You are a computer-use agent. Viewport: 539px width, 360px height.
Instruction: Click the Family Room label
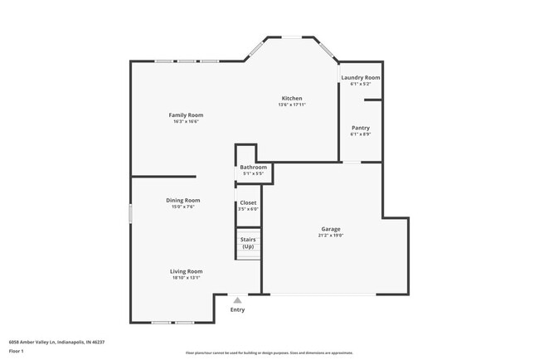[x=186, y=114]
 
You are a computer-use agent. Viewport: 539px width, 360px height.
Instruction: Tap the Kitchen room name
[x=291, y=98]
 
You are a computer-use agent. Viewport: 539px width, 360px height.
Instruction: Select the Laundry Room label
[x=360, y=77]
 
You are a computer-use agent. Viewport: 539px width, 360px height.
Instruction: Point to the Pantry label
[x=360, y=128]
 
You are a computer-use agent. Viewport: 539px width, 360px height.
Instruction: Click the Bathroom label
[x=253, y=167]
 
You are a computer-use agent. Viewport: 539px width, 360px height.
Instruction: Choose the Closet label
[x=248, y=202]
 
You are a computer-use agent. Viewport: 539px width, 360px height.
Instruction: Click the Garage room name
[x=331, y=229]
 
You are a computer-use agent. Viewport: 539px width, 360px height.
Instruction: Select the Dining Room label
[x=183, y=200]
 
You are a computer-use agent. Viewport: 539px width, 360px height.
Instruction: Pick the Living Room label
[x=187, y=271]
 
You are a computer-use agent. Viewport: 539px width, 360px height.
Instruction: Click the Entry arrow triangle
[x=238, y=300]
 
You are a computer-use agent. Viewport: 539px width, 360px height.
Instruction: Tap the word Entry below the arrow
[x=238, y=309]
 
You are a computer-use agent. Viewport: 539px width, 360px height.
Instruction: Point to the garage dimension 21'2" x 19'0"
[x=331, y=236]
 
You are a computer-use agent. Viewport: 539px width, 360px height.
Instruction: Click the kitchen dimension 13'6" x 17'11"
[x=291, y=105]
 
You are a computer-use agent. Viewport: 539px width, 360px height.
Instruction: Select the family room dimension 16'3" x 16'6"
[x=186, y=121]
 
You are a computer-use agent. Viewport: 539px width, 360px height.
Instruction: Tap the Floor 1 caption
[x=17, y=351]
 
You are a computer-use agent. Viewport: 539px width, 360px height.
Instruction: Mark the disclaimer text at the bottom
[x=269, y=353]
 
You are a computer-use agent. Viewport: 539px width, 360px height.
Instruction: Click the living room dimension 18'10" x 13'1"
[x=187, y=278]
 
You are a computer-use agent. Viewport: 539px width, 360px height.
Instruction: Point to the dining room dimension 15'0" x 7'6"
[x=183, y=207]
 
